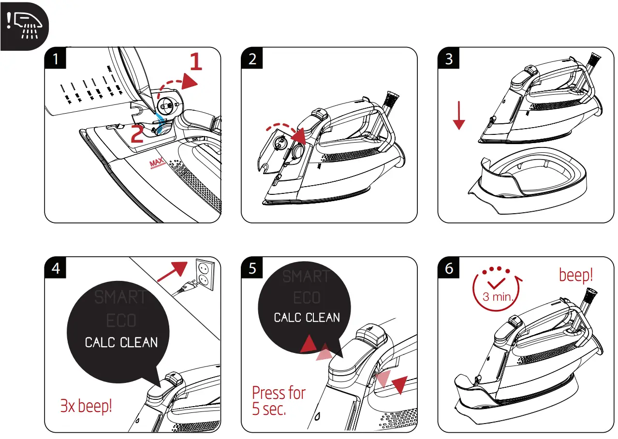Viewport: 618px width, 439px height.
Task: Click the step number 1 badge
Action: tap(56, 59)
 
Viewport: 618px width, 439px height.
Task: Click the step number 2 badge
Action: tap(252, 59)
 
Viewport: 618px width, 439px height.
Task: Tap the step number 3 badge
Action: tap(449, 59)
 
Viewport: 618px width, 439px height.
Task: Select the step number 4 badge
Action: tap(56, 268)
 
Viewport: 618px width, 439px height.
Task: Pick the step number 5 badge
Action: tap(252, 268)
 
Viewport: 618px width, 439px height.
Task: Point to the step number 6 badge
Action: tap(449, 268)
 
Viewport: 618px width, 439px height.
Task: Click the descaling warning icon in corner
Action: tap(25, 25)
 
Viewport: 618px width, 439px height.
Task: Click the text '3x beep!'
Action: tap(86, 406)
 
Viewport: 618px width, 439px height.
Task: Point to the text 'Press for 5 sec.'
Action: tap(278, 401)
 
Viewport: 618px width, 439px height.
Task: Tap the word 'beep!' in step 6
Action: tap(575, 275)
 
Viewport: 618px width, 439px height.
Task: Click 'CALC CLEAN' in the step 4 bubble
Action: tap(121, 343)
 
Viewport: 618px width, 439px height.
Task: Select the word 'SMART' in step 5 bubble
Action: tap(306, 277)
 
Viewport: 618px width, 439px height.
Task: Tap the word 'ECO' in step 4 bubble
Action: tap(121, 321)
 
